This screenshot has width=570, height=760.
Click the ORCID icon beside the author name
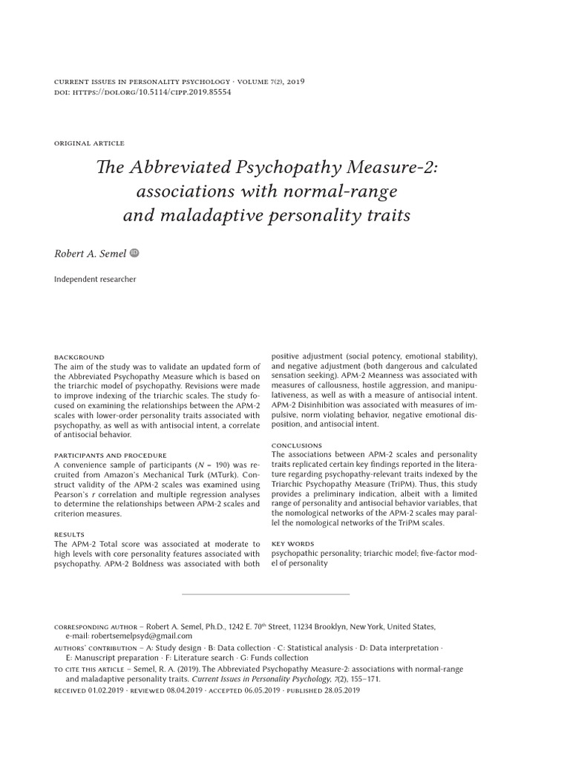click(134, 253)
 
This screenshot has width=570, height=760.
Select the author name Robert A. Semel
click(91, 254)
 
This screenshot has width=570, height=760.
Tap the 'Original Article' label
click(90, 143)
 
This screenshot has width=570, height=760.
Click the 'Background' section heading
click(79, 357)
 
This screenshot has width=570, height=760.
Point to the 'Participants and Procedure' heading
click(111, 455)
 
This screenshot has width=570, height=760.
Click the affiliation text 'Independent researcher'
click(95, 280)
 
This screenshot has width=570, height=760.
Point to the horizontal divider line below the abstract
click(265, 594)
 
